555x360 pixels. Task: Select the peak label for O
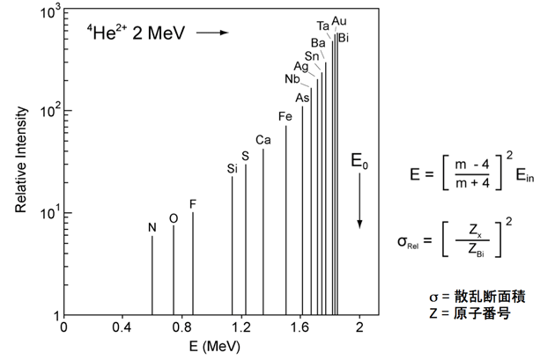pyautogui.click(x=173, y=217)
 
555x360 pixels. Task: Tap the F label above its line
pyautogui.click(x=193, y=204)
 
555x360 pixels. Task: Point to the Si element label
pyautogui.click(x=233, y=168)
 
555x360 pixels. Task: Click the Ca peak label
pyautogui.click(x=263, y=140)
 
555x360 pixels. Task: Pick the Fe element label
pyautogui.click(x=285, y=117)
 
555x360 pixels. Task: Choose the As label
pyautogui.click(x=302, y=97)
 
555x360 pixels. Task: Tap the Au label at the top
pyautogui.click(x=339, y=21)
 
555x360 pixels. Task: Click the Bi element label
pyautogui.click(x=344, y=37)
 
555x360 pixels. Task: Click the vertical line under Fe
pyautogui.click(x=285, y=220)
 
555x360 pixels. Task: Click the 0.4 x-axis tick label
pyautogui.click(x=122, y=328)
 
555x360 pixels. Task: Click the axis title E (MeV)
pyautogui.click(x=211, y=347)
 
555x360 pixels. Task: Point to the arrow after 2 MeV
pyautogui.click(x=211, y=33)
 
